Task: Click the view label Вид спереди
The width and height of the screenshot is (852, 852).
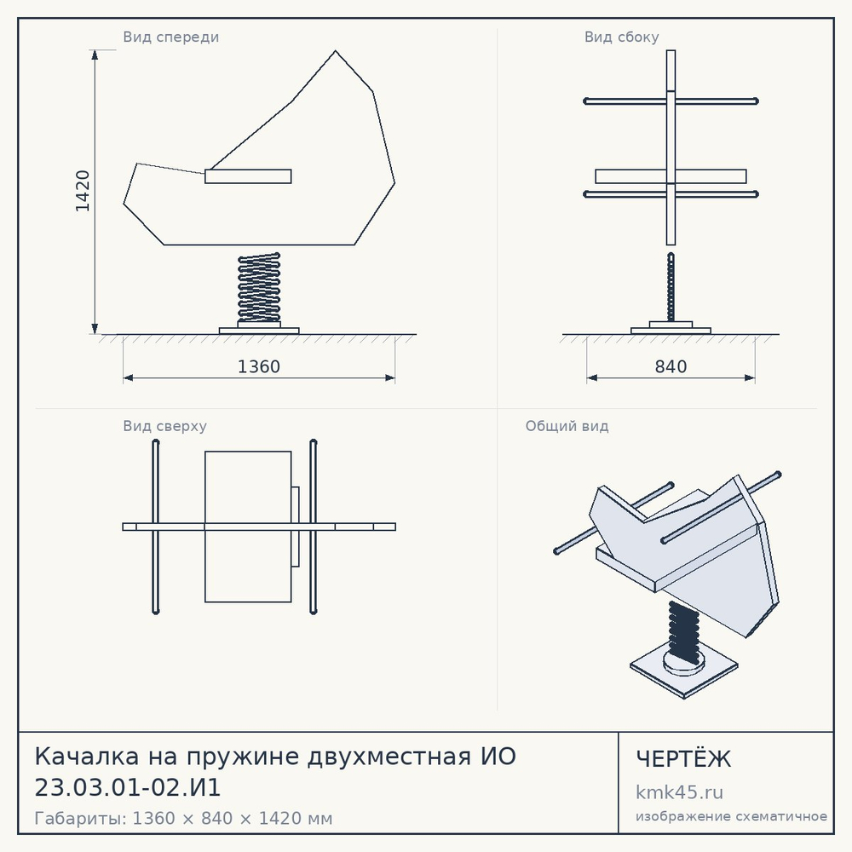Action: tap(170, 37)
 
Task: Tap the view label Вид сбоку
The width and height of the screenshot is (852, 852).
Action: tap(622, 37)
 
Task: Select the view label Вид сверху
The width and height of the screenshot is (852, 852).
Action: tap(164, 426)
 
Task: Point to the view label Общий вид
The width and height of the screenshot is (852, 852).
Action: tap(567, 426)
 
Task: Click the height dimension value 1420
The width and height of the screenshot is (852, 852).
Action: tap(83, 191)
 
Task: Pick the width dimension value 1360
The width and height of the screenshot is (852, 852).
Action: tap(259, 366)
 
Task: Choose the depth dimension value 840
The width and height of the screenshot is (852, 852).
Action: tap(671, 366)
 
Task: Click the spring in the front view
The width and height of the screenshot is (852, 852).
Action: tap(259, 287)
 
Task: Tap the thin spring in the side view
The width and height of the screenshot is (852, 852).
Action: tap(671, 287)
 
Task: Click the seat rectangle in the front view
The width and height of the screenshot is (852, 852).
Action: tap(248, 176)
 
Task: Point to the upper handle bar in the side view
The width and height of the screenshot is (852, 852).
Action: tap(671, 101)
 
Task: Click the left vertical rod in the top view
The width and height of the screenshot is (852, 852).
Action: tap(155, 527)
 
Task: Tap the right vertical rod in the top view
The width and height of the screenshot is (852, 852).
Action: tap(313, 527)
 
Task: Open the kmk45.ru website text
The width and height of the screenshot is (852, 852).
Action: tap(679, 792)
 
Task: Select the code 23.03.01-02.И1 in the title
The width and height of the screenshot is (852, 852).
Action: tap(128, 787)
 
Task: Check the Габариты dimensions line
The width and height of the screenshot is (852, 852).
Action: tap(183, 818)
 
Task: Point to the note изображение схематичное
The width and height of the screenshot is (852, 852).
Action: tap(731, 816)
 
